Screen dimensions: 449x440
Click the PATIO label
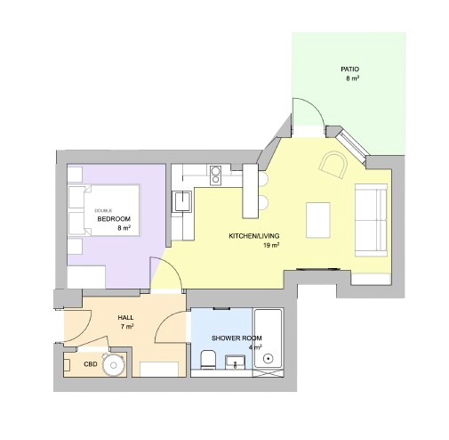click(x=349, y=69)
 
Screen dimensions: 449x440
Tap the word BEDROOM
click(x=114, y=219)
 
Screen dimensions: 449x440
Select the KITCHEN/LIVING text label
click(x=254, y=236)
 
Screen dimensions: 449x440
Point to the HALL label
click(x=125, y=318)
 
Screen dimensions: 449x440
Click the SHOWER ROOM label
click(x=237, y=338)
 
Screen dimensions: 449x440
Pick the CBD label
click(x=91, y=364)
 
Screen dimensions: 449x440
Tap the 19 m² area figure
click(x=271, y=245)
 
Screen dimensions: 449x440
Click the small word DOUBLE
click(x=103, y=211)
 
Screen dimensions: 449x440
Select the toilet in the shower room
click(x=208, y=359)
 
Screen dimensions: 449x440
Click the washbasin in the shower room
click(x=236, y=363)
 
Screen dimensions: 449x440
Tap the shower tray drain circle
click(x=269, y=358)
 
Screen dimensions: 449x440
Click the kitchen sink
click(x=182, y=201)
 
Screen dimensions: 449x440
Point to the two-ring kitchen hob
click(x=215, y=175)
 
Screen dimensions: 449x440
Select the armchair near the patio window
click(x=333, y=165)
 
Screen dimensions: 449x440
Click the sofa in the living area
click(x=371, y=220)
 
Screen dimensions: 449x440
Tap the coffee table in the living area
click(x=318, y=220)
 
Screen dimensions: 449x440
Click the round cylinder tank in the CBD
click(x=113, y=365)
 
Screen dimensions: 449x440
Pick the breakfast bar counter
click(x=251, y=191)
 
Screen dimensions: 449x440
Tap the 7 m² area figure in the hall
click(x=127, y=327)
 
